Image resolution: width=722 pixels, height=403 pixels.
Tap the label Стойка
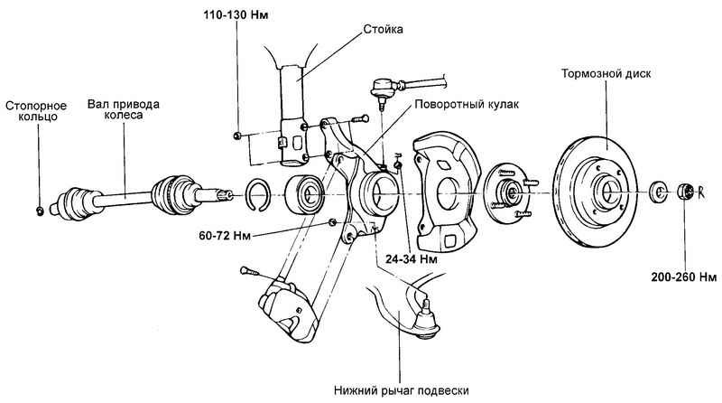(x=359, y=29)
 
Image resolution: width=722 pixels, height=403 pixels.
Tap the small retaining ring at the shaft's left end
(x=41, y=211)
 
